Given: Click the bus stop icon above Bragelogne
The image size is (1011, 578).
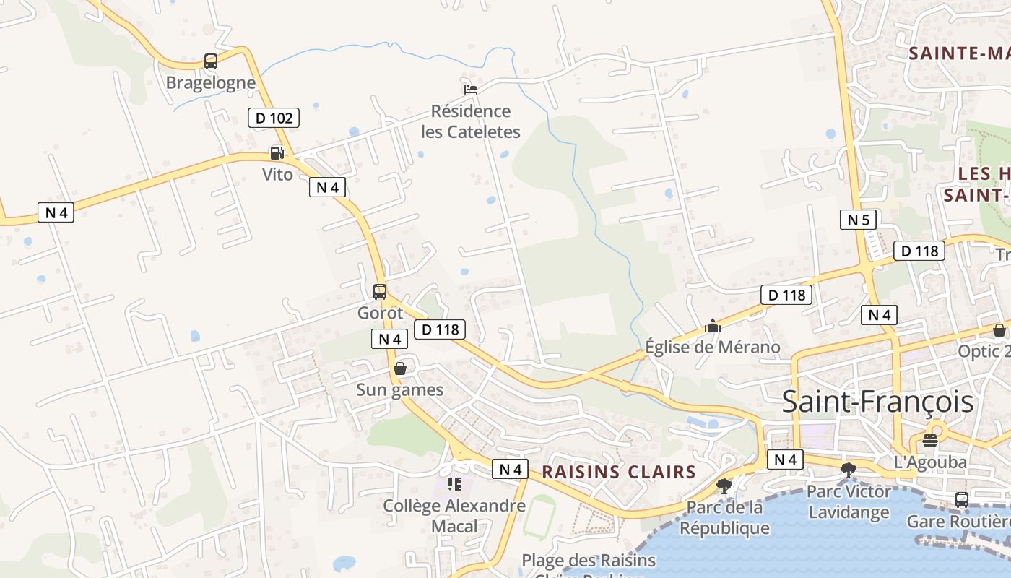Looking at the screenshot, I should pyautogui.click(x=211, y=61).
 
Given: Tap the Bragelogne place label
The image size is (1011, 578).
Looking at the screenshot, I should pyautogui.click(x=211, y=82).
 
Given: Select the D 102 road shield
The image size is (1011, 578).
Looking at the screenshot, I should pyautogui.click(x=273, y=117).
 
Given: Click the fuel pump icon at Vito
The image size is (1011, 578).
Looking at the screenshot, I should pyautogui.click(x=276, y=153).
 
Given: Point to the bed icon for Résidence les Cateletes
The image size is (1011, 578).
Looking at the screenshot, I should pyautogui.click(x=471, y=89).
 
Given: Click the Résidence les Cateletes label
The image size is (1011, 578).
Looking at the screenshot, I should pyautogui.click(x=471, y=121).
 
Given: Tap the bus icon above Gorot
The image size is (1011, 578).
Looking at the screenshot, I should pyautogui.click(x=380, y=292).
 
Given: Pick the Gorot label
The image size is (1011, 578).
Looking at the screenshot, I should pyautogui.click(x=380, y=314).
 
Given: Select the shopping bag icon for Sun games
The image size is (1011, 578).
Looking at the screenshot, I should pyautogui.click(x=400, y=368).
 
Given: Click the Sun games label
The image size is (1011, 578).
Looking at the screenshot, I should pyautogui.click(x=399, y=390).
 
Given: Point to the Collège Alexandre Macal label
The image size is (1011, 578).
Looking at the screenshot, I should pyautogui.click(x=454, y=516).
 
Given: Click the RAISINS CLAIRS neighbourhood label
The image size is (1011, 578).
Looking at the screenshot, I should pyautogui.click(x=619, y=473).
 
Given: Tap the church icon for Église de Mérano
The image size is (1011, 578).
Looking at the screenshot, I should pyautogui.click(x=713, y=326).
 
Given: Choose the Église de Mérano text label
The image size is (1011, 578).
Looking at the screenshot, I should pyautogui.click(x=713, y=348).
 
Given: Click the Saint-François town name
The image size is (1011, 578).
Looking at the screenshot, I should pyautogui.click(x=877, y=402).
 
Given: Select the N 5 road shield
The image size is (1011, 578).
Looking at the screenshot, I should pyautogui.click(x=858, y=220).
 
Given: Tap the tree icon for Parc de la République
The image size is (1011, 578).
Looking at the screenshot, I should pyautogui.click(x=724, y=486).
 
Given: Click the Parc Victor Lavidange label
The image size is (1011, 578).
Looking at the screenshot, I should pyautogui.click(x=849, y=502).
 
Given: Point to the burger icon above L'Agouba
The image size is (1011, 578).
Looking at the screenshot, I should pyautogui.click(x=930, y=440).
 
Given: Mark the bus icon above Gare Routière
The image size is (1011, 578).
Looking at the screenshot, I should pyautogui.click(x=962, y=499).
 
